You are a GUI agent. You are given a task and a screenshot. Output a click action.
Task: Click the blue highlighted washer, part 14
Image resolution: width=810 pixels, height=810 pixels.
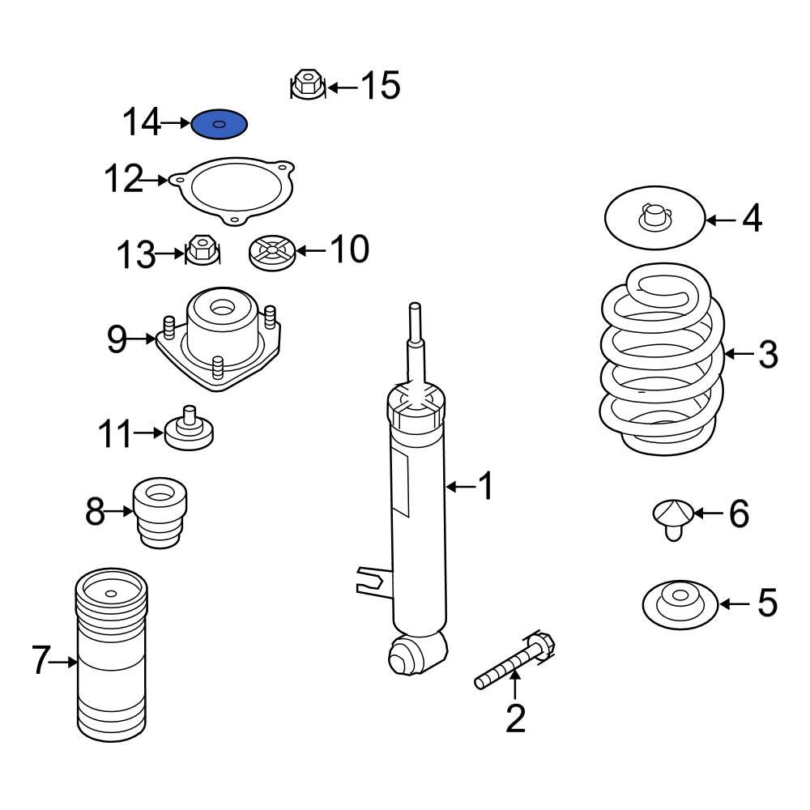click(219, 125)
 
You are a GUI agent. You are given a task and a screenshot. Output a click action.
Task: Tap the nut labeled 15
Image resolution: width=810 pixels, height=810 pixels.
click(307, 84)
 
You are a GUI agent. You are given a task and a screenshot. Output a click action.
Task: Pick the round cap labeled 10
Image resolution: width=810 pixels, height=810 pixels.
click(271, 253)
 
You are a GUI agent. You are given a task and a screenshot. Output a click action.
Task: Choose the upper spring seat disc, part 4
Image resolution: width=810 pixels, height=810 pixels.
click(654, 219)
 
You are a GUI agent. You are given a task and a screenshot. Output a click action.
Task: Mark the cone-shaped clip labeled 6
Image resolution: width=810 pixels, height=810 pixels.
click(672, 517)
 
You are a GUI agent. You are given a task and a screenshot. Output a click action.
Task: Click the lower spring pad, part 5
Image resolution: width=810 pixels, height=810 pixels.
click(679, 603)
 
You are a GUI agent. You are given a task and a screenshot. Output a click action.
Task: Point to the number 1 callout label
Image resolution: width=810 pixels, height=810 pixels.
click(485, 487)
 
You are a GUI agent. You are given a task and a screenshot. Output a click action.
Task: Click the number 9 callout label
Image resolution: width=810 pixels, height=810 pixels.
click(117, 340)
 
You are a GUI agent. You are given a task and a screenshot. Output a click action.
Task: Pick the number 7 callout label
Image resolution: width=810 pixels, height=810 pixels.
click(40, 662)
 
